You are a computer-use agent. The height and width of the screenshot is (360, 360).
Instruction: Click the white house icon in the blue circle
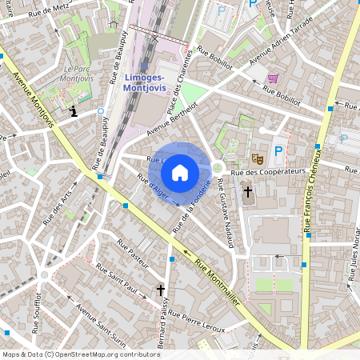[180, 172]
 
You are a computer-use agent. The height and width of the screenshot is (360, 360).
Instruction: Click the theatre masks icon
[258, 158]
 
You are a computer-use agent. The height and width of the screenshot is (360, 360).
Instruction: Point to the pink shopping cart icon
[274, 78]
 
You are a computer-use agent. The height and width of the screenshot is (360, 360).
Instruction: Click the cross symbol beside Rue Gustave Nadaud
[248, 192]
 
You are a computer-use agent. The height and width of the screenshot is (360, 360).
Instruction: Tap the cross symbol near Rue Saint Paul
[161, 290]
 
